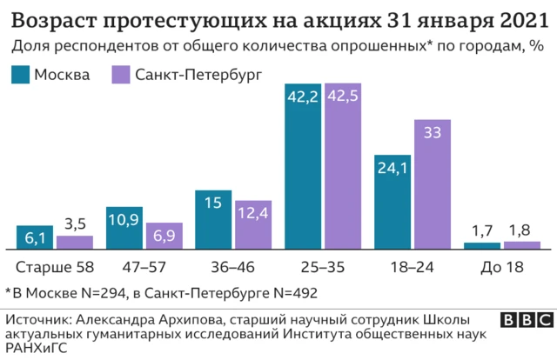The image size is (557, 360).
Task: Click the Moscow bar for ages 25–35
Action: pyautogui.click(x=303, y=165)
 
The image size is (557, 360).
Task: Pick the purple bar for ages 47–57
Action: pyautogui.click(x=164, y=236)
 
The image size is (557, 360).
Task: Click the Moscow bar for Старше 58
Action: pyautogui.click(x=35, y=237)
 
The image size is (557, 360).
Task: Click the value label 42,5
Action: pyautogui.click(x=343, y=97)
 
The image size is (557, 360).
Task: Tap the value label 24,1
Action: pyautogui.click(x=393, y=169)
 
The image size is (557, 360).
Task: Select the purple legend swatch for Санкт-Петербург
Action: pyautogui.click(x=121, y=75)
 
